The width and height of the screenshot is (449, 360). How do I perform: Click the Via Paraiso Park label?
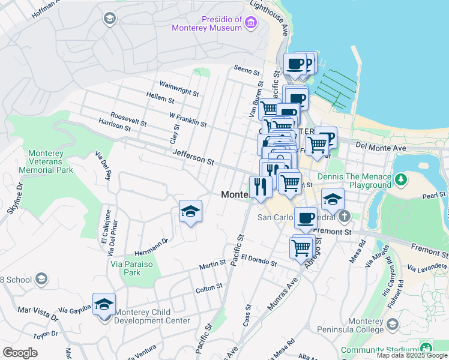(x=133, y=268)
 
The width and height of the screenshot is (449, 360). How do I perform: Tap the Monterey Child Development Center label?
(x=152, y=316)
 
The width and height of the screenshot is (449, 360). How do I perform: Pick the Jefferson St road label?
(x=193, y=158)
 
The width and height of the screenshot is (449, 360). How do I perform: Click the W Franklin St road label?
(x=187, y=119)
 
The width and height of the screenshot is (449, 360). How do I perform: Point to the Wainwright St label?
(x=179, y=88)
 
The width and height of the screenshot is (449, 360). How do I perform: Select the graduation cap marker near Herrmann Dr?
(x=190, y=211)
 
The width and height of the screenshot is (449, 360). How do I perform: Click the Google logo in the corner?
(x=20, y=352)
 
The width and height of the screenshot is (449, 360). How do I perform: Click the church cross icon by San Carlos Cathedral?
(x=343, y=215)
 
